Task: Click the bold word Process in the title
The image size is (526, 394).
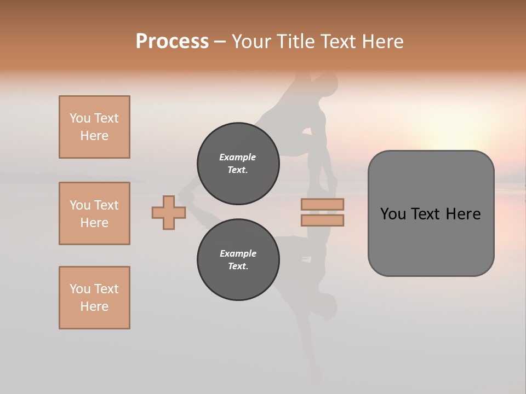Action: click(172, 42)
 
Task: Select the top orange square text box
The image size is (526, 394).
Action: click(94, 127)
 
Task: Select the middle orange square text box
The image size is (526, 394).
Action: click(94, 213)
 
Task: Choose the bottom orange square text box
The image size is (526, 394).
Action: click(94, 298)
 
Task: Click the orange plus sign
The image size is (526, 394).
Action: click(169, 213)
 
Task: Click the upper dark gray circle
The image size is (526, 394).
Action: click(238, 164)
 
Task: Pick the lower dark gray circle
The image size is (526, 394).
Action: click(238, 260)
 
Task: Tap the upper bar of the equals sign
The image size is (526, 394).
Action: click(322, 204)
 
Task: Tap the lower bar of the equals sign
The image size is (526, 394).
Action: click(322, 221)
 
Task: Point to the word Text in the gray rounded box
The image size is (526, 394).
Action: click(427, 214)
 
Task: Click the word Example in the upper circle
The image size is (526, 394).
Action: click(238, 157)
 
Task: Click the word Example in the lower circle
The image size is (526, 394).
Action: click(238, 253)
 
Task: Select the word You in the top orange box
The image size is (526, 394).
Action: click(80, 118)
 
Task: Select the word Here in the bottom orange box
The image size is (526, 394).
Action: click(94, 306)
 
